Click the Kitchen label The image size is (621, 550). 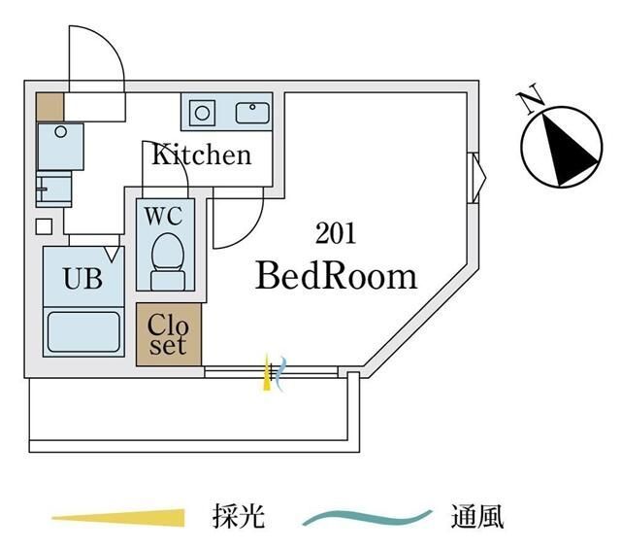coord(200,155)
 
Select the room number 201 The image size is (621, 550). coord(335,233)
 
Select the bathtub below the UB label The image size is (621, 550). coord(83,330)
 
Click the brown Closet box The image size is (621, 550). coord(168,335)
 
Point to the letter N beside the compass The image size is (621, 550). coord(530,99)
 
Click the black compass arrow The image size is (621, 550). coord(566,148)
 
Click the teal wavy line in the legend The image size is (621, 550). coord(366,517)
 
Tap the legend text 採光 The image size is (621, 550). coord(237,516)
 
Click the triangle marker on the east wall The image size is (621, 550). coord(477,177)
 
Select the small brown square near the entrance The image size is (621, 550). coord(49,106)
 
